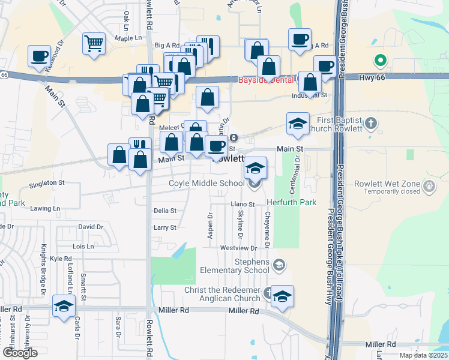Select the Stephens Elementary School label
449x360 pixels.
click(x=235, y=266)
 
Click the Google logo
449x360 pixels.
click(x=20, y=353)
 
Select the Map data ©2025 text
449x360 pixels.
click(x=423, y=355)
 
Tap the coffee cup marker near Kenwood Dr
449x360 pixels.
click(x=40, y=57)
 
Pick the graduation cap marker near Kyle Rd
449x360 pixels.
click(x=63, y=306)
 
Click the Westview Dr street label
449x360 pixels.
click(x=238, y=248)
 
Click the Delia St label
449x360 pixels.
click(x=165, y=211)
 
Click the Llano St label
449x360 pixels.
click(x=243, y=205)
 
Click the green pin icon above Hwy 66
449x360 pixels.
click(x=379, y=60)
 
